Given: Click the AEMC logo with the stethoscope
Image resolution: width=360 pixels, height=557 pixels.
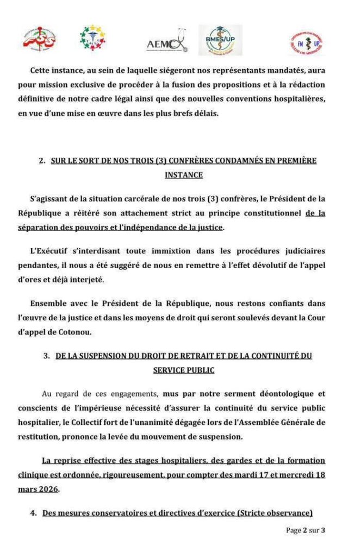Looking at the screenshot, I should [x=168, y=44].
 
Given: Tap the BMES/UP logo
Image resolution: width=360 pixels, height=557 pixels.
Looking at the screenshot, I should [x=220, y=40].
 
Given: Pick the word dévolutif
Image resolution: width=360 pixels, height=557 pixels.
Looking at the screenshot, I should [x=280, y=265].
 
